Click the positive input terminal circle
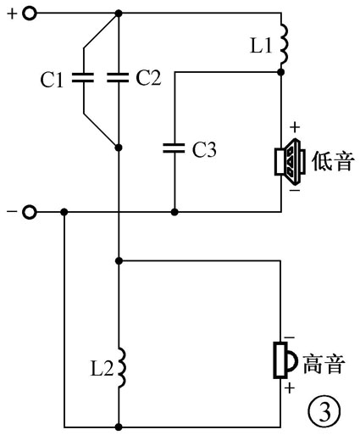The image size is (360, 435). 30,14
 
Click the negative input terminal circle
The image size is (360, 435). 30,211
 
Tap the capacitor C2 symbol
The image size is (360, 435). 119,78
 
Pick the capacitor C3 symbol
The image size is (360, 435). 174,147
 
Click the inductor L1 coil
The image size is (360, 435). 283,42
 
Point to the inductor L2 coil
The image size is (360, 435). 119,365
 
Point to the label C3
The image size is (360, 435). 204,150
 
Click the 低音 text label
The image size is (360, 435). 332,159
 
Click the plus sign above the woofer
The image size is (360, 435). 294,128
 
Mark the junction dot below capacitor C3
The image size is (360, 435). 174,211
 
